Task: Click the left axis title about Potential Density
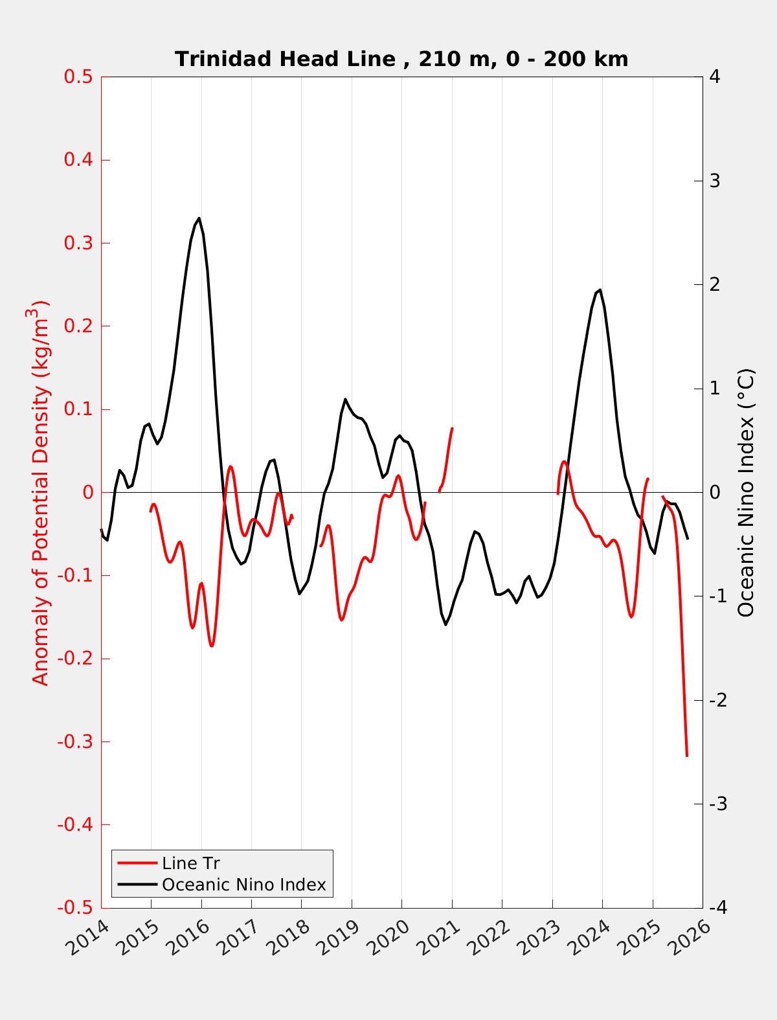pyautogui.click(x=41, y=492)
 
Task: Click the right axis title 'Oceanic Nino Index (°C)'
pyautogui.click(x=746, y=492)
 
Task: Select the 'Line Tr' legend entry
pyautogui.click(x=190, y=863)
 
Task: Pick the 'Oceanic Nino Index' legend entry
pyautogui.click(x=243, y=885)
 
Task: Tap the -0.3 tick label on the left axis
pyautogui.click(x=75, y=742)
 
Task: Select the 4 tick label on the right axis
pyautogui.click(x=715, y=77)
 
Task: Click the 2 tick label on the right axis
pyautogui.click(x=715, y=285)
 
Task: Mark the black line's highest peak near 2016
pyautogui.click(x=199, y=218)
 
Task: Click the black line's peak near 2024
pyautogui.click(x=600, y=289)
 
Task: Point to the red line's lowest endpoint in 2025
pyautogui.click(x=686, y=755)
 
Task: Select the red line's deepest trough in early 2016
pyautogui.click(x=212, y=646)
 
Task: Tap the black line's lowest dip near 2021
pyautogui.click(x=446, y=624)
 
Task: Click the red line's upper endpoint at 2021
pyautogui.click(x=452, y=428)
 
